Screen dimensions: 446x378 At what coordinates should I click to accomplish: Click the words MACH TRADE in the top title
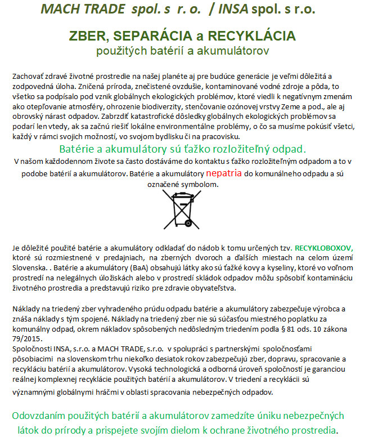point(83,10)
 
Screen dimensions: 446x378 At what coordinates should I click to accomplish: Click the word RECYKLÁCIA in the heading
point(252,37)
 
